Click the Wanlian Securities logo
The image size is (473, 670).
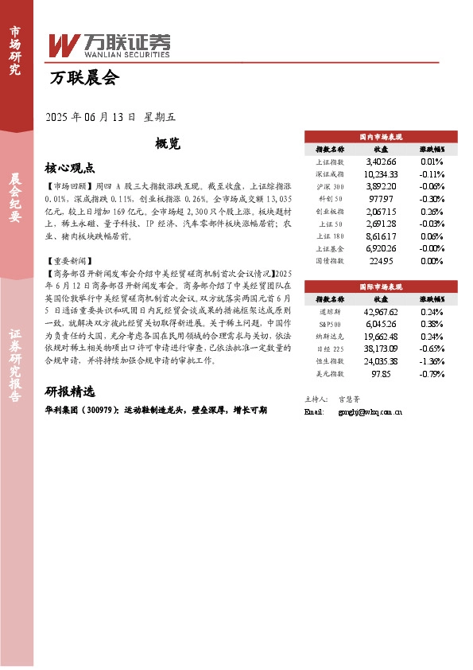click(x=109, y=45)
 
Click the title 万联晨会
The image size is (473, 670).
click(x=83, y=78)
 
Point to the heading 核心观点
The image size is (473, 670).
click(x=71, y=168)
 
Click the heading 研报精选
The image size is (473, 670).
click(x=70, y=391)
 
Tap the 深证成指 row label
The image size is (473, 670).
click(x=330, y=174)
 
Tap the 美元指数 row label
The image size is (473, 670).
click(x=330, y=373)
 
